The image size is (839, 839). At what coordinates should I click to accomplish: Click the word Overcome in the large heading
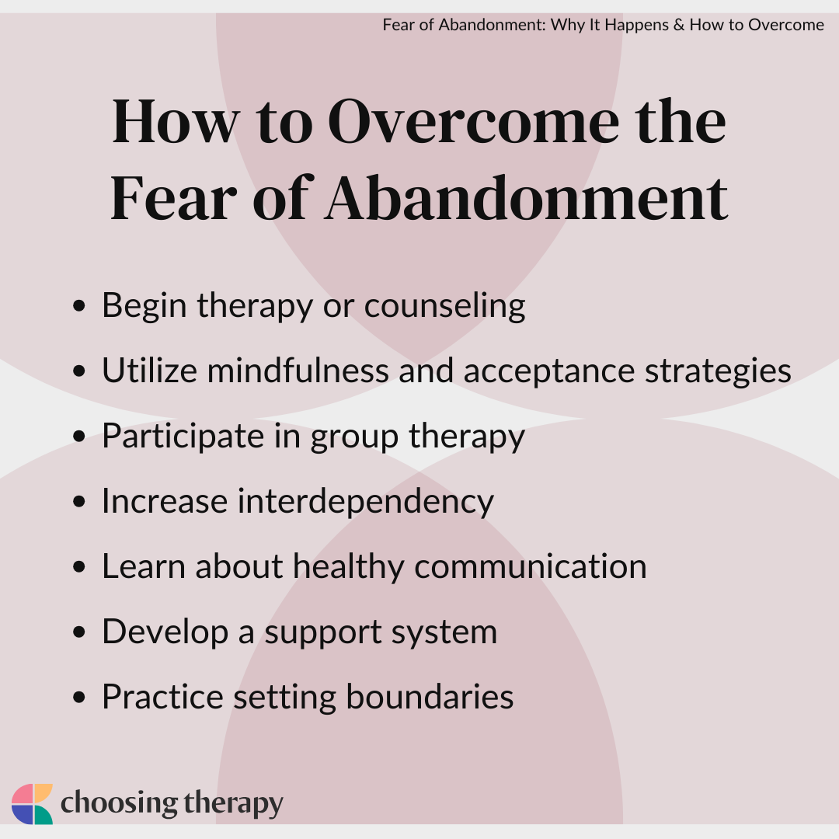474,121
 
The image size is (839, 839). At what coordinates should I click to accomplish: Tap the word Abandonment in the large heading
527,198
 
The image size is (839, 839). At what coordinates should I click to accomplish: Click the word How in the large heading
175,121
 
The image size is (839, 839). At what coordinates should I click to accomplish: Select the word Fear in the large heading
173,198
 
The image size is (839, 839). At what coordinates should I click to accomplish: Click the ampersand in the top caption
679,25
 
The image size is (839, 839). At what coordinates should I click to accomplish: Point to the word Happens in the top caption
637,25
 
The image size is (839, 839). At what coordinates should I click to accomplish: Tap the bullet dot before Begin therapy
78,306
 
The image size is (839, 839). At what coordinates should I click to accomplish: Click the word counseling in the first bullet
444,306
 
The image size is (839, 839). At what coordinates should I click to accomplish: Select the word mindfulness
298,371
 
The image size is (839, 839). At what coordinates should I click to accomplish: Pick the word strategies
718,371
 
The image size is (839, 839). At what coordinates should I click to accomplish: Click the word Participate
183,437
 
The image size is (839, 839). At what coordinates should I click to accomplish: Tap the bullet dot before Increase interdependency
78,502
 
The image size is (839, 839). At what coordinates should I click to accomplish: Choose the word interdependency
365,502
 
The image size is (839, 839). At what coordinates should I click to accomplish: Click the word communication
531,566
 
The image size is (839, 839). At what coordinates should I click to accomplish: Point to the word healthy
348,567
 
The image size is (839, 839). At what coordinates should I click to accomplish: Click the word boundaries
430,697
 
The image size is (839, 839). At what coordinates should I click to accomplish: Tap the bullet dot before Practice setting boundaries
78,698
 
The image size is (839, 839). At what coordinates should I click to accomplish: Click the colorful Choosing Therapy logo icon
32,804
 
